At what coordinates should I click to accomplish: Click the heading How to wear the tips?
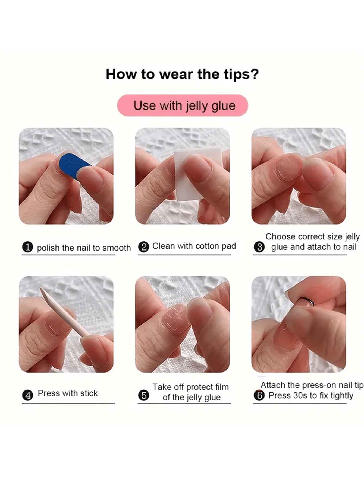coord(182,74)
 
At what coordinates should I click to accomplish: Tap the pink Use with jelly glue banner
coord(183,105)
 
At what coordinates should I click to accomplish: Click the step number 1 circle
coord(27,248)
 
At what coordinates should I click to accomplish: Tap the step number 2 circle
coord(143,247)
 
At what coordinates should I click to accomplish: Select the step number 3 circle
coord(259,247)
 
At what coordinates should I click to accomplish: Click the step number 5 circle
coord(143,395)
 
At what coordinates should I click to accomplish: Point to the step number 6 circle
coord(259,395)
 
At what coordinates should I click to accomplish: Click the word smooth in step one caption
coord(117,248)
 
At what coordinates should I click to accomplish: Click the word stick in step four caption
coord(89,393)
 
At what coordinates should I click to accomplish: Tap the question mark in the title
coord(255,74)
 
